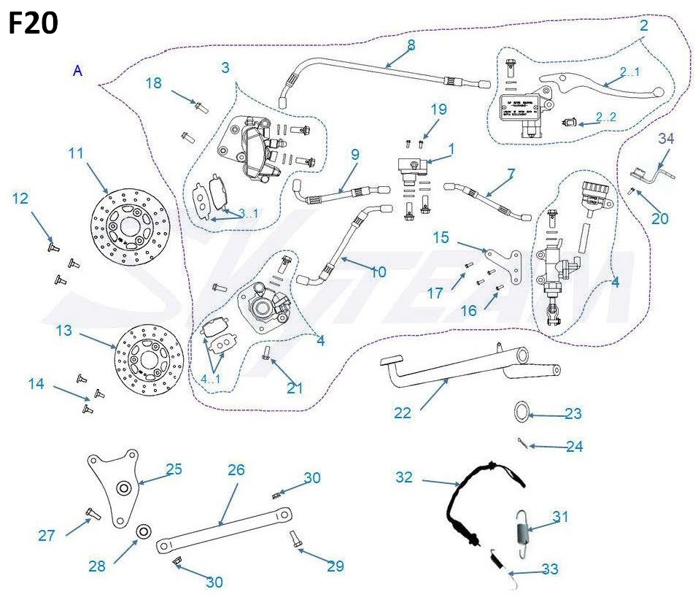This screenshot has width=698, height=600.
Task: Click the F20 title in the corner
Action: [34, 25]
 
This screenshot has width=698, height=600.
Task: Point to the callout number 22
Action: [403, 412]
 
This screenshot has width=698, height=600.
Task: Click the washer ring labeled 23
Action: [522, 412]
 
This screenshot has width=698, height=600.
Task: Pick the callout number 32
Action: [403, 477]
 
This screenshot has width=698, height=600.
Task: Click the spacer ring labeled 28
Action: [144, 531]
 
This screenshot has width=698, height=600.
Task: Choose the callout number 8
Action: [411, 45]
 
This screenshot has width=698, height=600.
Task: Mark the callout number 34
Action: [666, 138]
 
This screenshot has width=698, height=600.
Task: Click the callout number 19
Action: [438, 110]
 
